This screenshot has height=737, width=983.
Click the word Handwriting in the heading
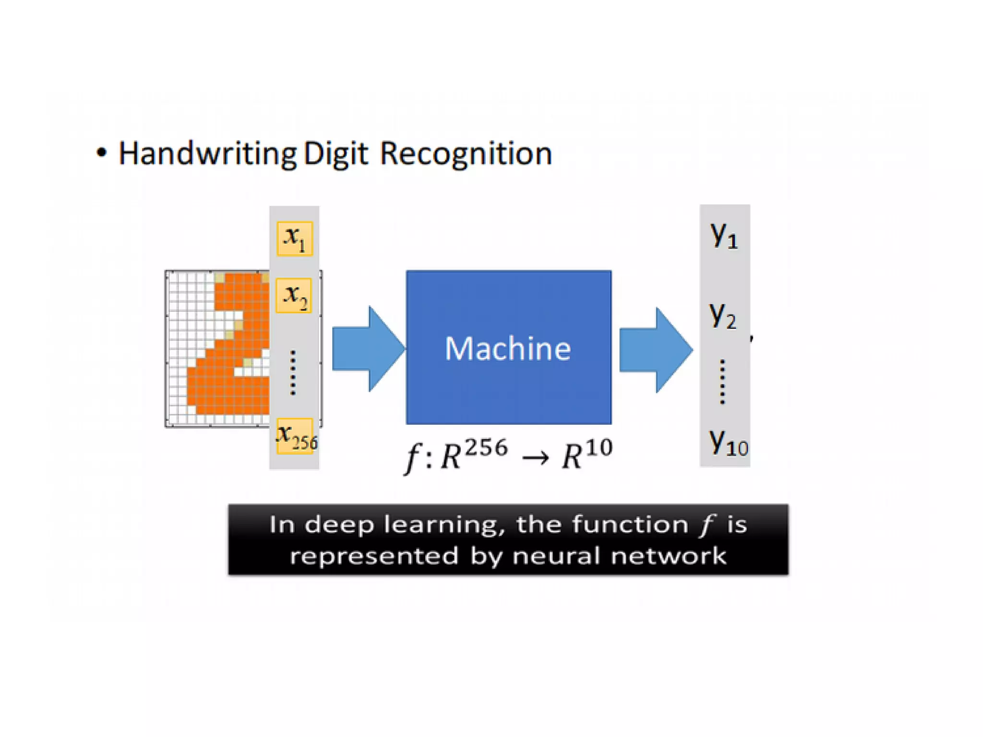click(x=207, y=155)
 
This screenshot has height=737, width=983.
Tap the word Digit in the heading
click(x=336, y=155)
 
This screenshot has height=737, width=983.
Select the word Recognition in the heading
click(x=466, y=154)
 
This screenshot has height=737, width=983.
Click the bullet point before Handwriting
click(x=101, y=153)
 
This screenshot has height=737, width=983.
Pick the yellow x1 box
click(x=294, y=238)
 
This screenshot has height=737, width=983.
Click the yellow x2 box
click(x=294, y=296)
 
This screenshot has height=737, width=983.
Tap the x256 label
click(x=296, y=436)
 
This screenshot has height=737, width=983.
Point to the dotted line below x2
click(x=293, y=373)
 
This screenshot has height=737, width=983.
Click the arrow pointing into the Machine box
click(x=367, y=349)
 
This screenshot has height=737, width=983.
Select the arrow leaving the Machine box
click(x=655, y=350)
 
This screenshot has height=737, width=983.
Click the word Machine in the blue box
click(x=508, y=348)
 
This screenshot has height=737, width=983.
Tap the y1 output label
click(x=724, y=236)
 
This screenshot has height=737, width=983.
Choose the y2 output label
click(x=723, y=316)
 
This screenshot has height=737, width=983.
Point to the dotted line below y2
click(x=723, y=381)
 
